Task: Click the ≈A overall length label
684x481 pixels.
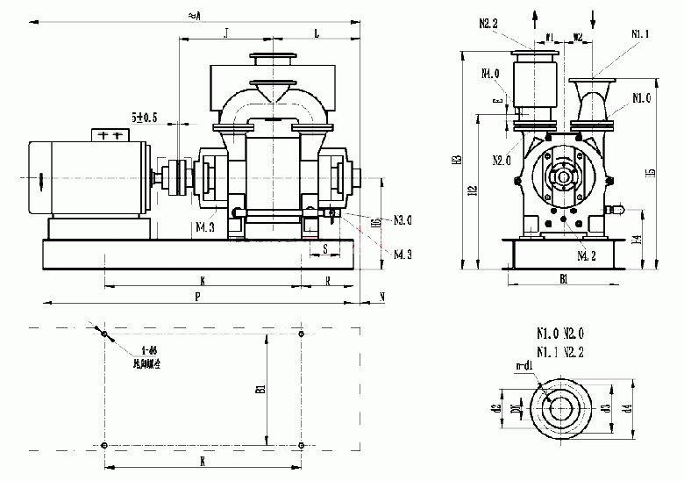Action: (195, 15)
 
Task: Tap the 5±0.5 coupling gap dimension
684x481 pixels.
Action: (144, 117)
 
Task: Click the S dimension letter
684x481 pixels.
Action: (325, 249)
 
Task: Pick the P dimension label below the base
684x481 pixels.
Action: (199, 297)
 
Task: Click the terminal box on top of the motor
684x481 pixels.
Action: (110, 135)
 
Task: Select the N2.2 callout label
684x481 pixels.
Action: (489, 24)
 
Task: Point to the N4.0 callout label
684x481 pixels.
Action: (490, 73)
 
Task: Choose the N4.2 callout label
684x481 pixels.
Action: (587, 256)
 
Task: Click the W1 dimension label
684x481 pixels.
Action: (550, 37)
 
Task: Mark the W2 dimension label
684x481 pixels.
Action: (578, 37)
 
